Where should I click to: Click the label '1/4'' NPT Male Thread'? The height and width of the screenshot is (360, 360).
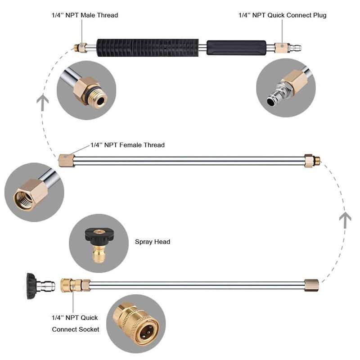[x=85, y=15]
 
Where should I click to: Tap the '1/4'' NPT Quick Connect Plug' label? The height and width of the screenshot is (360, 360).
[x=282, y=15]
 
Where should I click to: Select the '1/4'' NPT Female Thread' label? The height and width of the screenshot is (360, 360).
[x=127, y=145]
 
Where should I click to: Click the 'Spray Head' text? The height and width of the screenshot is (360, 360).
[x=153, y=242]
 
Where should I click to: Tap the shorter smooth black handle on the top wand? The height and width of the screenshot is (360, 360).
[x=236, y=48]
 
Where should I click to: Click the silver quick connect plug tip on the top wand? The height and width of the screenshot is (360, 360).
[x=295, y=47]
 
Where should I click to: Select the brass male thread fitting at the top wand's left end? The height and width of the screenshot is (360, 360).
[x=81, y=47]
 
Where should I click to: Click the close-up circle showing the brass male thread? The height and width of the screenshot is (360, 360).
[x=86, y=90]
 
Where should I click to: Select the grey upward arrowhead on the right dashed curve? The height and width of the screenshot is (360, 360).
[x=345, y=219]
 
